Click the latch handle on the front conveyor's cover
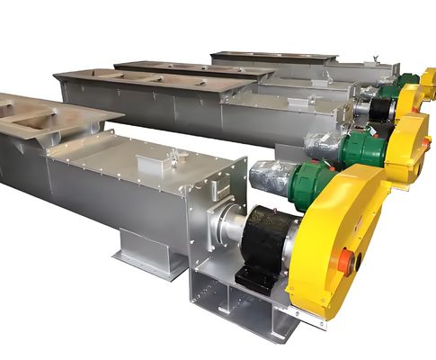[173, 157]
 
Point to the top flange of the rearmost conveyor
[261, 57]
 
